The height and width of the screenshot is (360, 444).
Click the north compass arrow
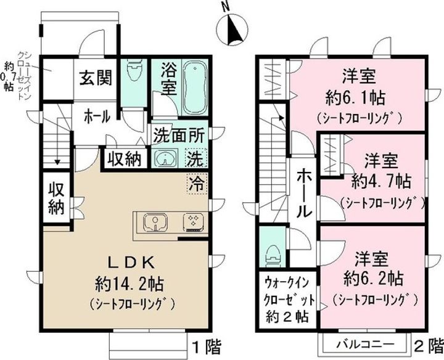click(x=232, y=28)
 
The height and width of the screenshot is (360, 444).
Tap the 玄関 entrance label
click(x=96, y=78)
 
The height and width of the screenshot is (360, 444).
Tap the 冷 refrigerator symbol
click(x=196, y=182)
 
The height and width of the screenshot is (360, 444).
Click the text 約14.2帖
click(x=133, y=284)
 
